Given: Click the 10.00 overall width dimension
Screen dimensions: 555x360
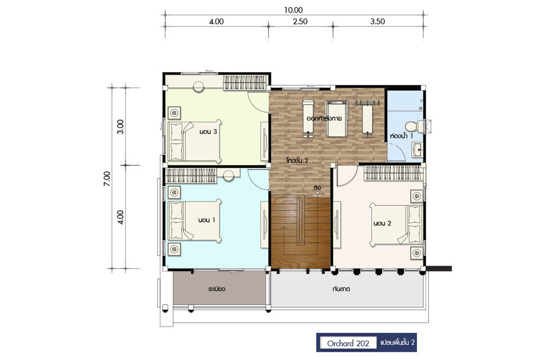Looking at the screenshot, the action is point(293,10).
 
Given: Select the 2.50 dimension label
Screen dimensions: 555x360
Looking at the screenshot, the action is point(300,22).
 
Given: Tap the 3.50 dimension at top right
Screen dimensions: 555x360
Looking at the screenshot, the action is point(378,22).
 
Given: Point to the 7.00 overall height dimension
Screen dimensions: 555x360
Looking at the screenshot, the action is point(107,178).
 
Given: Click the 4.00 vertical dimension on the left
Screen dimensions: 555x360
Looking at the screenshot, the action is point(121,217).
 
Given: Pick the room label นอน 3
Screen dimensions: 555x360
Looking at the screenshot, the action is point(208,132).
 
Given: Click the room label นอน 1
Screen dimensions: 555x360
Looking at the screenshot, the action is point(206,220).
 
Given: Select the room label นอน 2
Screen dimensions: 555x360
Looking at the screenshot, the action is point(382,223).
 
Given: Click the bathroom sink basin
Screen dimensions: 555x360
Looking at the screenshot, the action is point(418,150).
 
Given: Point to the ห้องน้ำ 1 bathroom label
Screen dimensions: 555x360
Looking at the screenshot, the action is point(402,136).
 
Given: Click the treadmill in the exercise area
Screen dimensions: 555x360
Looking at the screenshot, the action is point(337,118).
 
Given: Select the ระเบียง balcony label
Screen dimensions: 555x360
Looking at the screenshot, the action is point(217,289).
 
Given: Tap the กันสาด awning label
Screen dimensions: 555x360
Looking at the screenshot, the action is point(341,289).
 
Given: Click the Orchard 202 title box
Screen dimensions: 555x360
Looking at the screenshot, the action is point(349,343).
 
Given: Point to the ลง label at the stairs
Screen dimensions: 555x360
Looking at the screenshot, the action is point(317,187).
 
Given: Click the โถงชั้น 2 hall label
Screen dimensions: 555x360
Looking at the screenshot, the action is point(298,160).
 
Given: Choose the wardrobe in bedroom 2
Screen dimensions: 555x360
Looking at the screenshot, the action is point(393,173).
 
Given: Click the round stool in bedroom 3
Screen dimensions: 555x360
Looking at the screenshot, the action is point(198,86).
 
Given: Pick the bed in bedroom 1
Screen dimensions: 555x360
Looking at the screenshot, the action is point(195,220).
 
